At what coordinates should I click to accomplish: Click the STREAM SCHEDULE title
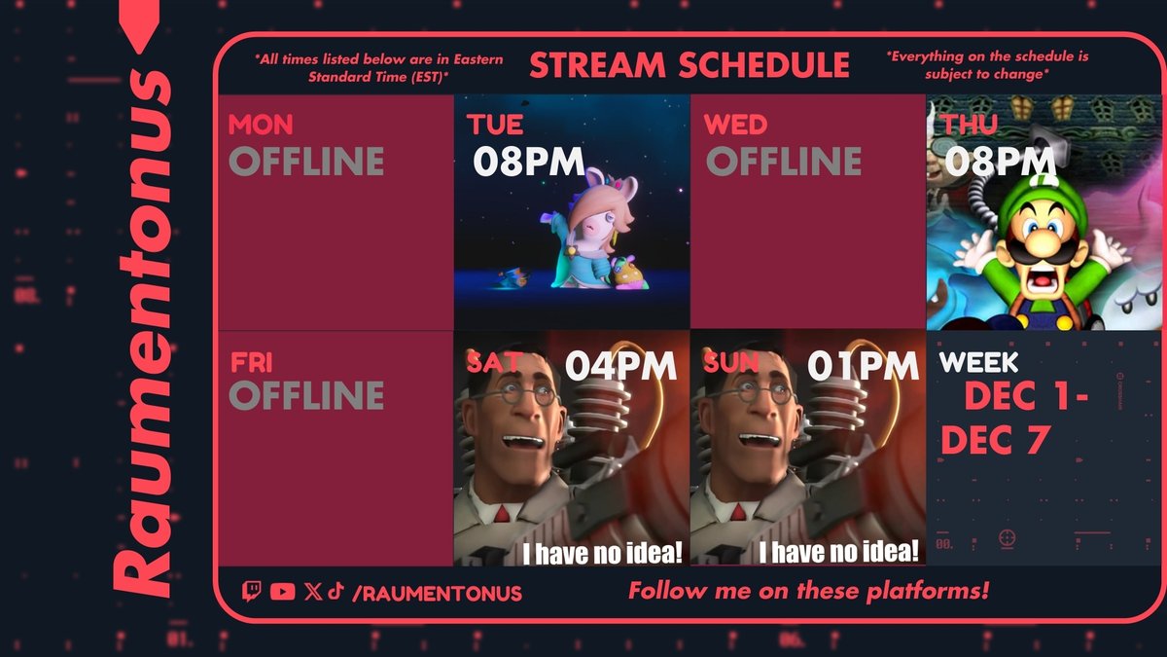[689, 65]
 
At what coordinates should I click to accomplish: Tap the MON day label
[261, 126]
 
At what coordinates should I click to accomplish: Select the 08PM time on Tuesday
[529, 161]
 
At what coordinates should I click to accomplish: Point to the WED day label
[735, 126]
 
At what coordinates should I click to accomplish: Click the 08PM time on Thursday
[1000, 161]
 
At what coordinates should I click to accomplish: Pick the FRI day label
[252, 362]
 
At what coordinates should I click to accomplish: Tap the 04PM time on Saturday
[620, 366]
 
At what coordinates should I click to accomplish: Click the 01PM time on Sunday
[863, 366]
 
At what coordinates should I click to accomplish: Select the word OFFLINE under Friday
[306, 395]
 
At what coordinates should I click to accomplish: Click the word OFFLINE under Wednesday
[784, 161]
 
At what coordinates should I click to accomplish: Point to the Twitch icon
[252, 591]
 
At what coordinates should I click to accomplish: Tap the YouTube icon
[283, 591]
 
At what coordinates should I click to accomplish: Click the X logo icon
[312, 591]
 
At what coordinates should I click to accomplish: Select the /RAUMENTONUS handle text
[437, 593]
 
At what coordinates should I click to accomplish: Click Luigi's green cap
[1031, 200]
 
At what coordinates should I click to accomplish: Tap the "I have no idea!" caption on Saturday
[603, 553]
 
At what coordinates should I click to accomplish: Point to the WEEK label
[979, 363]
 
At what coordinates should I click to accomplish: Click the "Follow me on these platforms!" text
[808, 591]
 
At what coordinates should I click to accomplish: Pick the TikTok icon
[335, 591]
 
